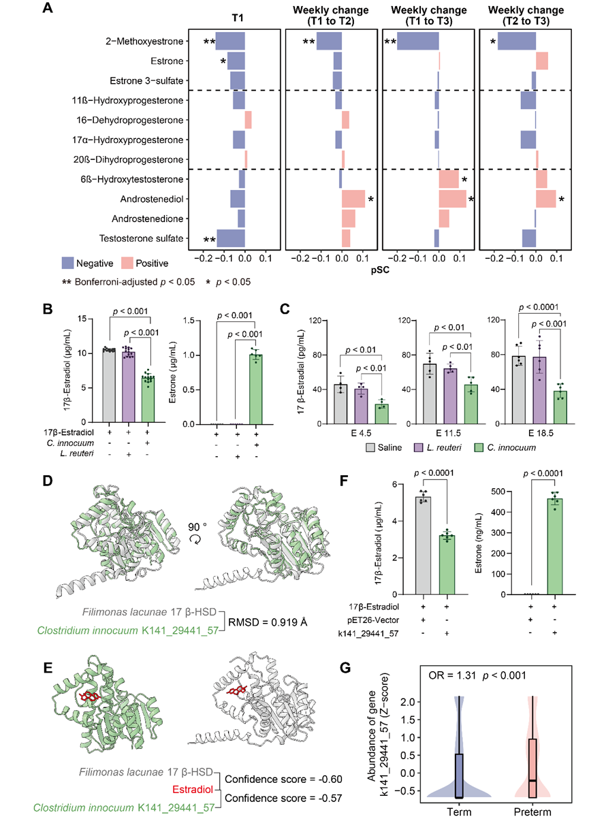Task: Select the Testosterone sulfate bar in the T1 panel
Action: coord(231,238)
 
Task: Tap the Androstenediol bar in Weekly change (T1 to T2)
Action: coord(353,199)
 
